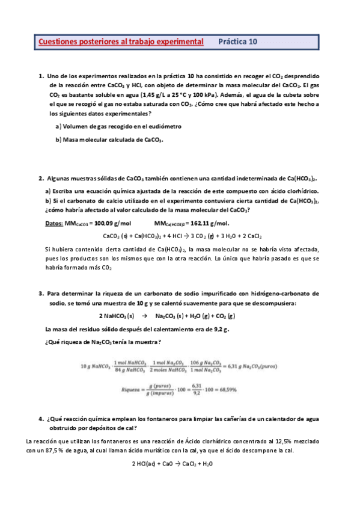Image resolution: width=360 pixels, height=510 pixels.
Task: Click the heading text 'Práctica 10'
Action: coord(237,42)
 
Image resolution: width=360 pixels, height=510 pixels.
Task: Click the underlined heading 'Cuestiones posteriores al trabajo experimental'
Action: coord(121,42)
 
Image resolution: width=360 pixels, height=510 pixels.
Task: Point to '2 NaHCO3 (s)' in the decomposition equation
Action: coord(117,316)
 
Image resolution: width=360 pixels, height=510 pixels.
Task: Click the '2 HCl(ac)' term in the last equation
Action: coord(144,464)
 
